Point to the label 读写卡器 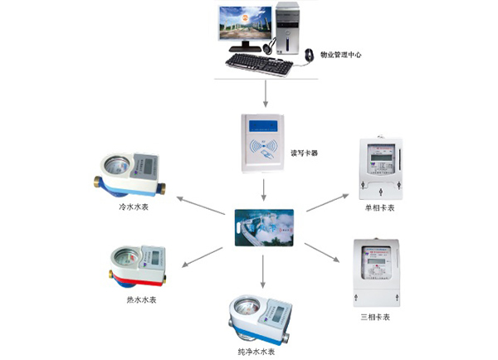point(303,153)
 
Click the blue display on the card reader point(265,127)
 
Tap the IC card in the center point(264,226)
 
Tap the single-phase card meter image point(378,165)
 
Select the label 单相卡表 point(378,208)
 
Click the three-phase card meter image point(377,269)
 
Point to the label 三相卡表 point(376,315)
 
